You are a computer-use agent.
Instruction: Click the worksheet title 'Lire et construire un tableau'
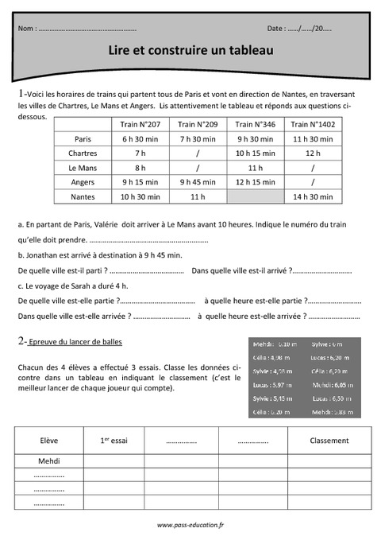pyautogui.click(x=190, y=50)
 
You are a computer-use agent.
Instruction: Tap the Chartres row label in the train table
pyautogui.click(x=83, y=153)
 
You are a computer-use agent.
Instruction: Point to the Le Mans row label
pyautogui.click(x=83, y=167)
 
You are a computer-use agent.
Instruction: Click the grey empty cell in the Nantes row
pyautogui.click(x=256, y=196)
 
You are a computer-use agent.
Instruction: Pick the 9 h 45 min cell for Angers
pyautogui.click(x=198, y=181)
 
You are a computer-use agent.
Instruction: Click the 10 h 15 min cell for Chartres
pyautogui.click(x=256, y=153)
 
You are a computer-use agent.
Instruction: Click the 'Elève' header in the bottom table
pyautogui.click(x=49, y=441)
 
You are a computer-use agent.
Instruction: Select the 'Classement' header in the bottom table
pyautogui.click(x=329, y=441)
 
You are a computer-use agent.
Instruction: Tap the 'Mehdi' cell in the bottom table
pyautogui.click(x=49, y=460)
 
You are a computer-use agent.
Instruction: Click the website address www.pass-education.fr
pyautogui.click(x=190, y=525)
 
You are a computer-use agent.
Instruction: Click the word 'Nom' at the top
pyautogui.click(x=26, y=29)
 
